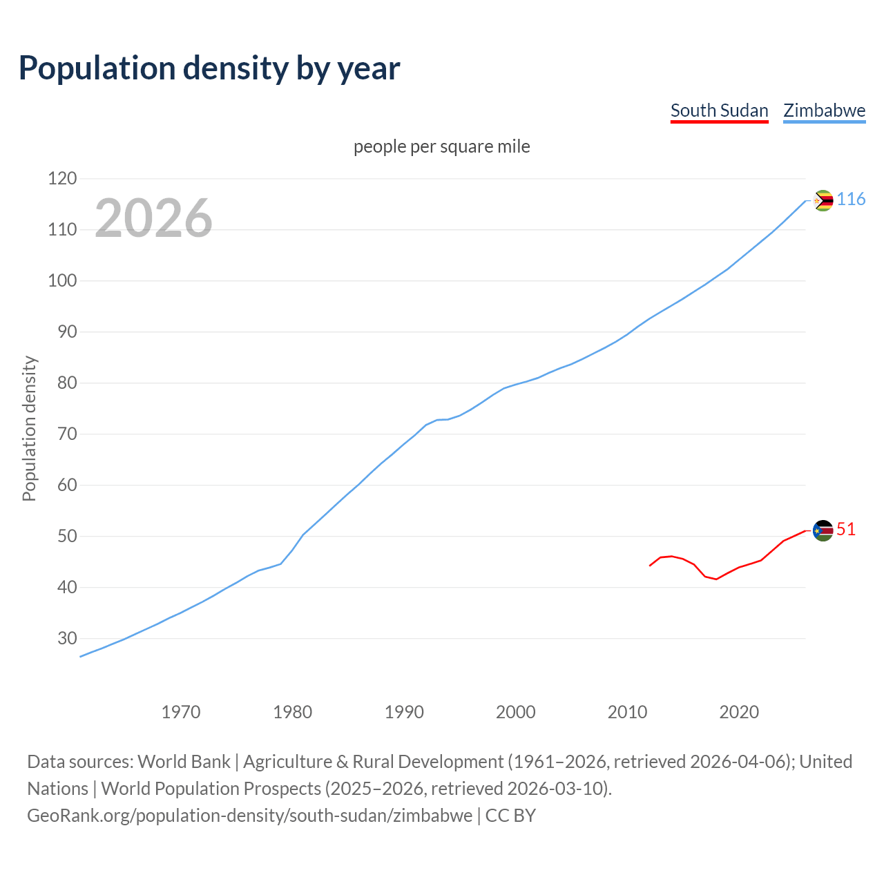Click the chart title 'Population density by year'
click(209, 68)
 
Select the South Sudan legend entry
click(719, 110)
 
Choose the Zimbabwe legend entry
click(824, 110)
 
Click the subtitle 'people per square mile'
click(442, 146)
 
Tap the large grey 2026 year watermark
click(153, 218)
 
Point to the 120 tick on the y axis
click(62, 179)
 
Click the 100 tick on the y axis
click(62, 281)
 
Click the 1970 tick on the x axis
click(181, 711)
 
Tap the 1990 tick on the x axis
click(404, 711)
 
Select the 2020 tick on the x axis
click(739, 711)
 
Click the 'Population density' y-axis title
click(29, 428)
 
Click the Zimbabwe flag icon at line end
click(823, 200)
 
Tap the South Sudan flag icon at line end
click(823, 530)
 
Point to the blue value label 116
click(851, 200)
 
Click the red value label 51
click(846, 530)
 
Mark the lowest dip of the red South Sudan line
click(716, 579)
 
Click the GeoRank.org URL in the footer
click(249, 816)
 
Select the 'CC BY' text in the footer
click(510, 816)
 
